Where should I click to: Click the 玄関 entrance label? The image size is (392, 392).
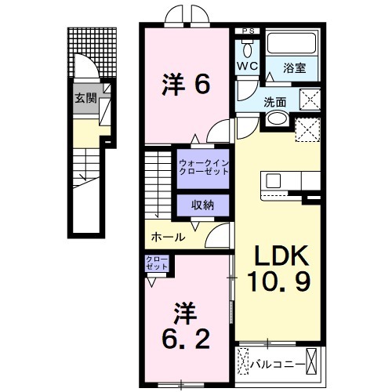click(85, 98)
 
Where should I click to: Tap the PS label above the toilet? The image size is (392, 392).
click(249, 31)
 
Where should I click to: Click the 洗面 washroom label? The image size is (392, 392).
click(275, 101)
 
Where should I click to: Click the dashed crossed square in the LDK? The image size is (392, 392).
click(309, 129)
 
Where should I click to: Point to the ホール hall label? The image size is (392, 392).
click(169, 237)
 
